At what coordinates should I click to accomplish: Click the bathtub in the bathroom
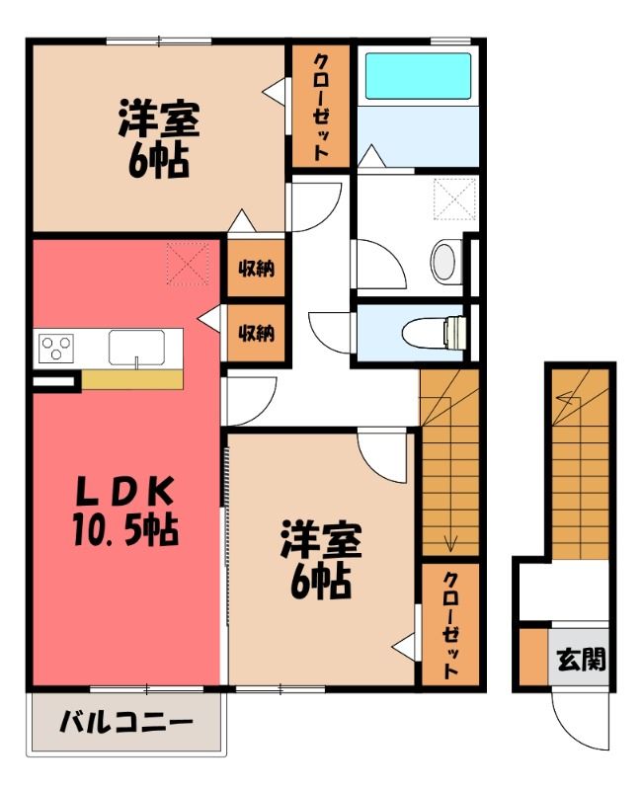418,76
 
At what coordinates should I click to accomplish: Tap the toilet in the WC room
434,333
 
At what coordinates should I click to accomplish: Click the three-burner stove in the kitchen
56,348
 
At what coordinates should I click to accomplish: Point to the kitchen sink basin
136,348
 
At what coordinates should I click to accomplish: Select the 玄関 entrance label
581,659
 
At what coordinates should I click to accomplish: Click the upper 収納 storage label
257,268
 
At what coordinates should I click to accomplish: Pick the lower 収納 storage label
257,333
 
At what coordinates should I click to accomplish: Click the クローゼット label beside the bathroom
321,107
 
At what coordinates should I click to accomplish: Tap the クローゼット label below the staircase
450,626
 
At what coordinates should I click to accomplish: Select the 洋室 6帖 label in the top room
159,139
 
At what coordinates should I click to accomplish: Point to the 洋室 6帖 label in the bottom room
321,561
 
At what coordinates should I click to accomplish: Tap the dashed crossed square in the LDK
188,264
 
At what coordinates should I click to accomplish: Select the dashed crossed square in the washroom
455,199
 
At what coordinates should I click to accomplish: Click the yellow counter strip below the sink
132,379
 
